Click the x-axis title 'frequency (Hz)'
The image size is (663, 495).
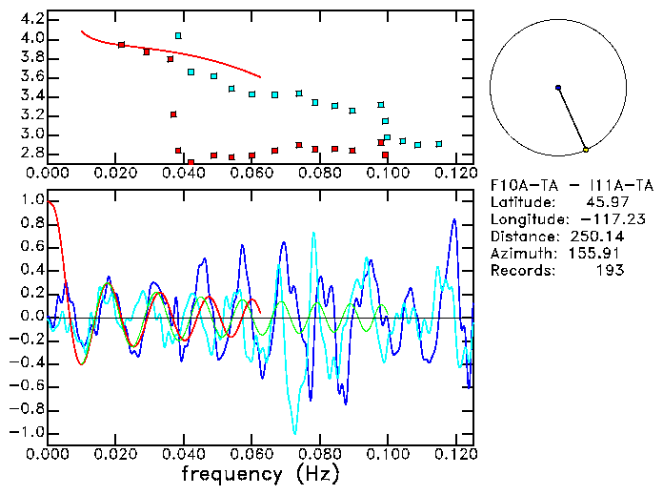pos(260,474)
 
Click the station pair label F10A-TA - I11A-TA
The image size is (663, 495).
pos(558,185)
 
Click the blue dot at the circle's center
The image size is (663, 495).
pos(558,88)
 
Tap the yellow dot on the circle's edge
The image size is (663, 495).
pos(586,150)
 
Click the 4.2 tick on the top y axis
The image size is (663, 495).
pos(31,19)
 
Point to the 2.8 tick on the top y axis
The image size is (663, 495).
pos(31,153)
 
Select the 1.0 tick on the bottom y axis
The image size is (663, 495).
pos(31,200)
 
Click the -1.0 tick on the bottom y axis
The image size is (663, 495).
pos(29,432)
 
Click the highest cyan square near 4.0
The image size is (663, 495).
pos(178,35)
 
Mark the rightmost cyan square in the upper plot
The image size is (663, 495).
pos(438,143)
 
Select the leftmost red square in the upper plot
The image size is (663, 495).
pos(121,45)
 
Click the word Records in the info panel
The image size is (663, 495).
pos(519,271)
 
